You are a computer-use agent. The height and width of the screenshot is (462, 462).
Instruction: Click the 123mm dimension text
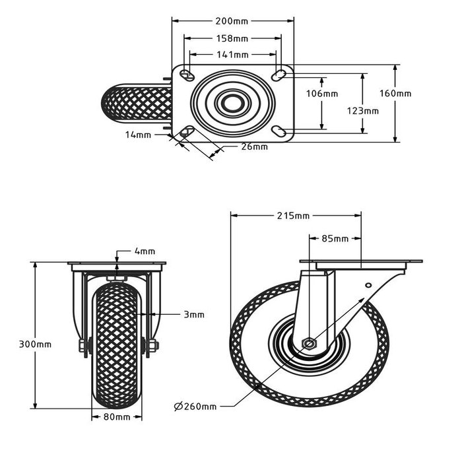363,110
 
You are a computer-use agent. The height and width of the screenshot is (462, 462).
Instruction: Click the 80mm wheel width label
117,416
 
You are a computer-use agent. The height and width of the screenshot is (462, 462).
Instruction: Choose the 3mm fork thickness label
193,315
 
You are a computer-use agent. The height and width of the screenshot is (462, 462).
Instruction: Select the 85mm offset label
335,238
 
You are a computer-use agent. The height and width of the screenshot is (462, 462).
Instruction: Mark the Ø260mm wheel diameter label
195,406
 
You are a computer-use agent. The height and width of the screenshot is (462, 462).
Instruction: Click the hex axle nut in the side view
308,344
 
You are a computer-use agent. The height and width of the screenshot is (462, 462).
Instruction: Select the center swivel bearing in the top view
232,102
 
